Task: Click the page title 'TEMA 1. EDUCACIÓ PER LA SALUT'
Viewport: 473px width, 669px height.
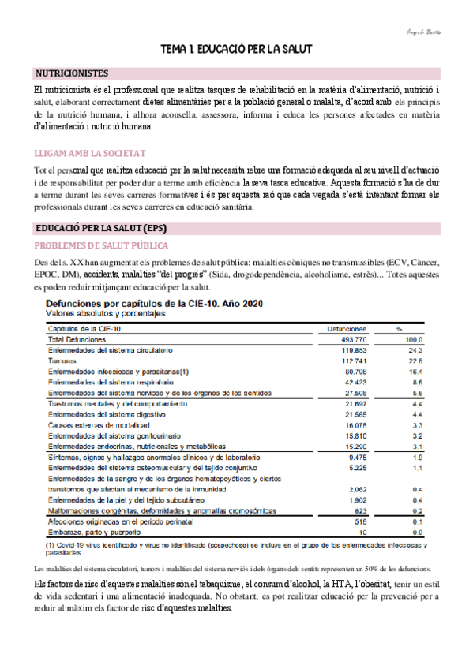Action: (236, 49)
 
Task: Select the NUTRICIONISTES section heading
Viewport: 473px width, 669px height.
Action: (77, 73)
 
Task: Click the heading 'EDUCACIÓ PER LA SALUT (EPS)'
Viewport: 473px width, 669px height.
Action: (99, 229)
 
